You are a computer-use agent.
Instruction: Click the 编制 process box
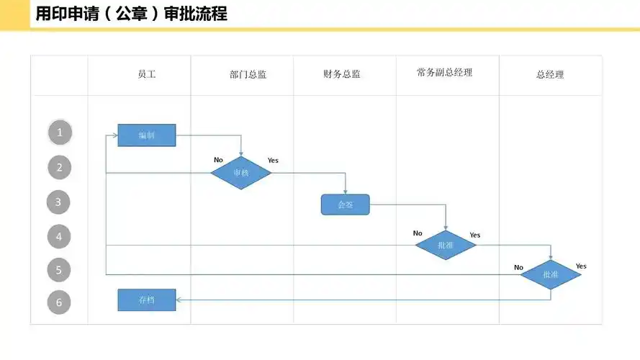[147, 135]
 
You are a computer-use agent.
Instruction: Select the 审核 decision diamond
[240, 173]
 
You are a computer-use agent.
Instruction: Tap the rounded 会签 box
[345, 204]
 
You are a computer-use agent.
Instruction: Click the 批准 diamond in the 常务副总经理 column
[446, 246]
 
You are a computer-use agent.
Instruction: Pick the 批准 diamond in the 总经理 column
[551, 274]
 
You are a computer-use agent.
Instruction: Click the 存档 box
[147, 300]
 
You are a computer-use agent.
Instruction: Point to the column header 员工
[147, 74]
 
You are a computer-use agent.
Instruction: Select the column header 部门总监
[248, 74]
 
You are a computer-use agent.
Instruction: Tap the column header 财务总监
[342, 74]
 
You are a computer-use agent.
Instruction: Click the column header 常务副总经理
[444, 73]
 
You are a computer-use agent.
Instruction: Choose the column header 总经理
[550, 74]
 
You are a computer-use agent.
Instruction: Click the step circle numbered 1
[60, 132]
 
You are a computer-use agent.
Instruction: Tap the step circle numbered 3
[59, 202]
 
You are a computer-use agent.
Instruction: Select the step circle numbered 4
[59, 236]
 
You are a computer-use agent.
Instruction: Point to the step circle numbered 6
[59, 302]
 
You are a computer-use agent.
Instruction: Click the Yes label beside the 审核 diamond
[273, 160]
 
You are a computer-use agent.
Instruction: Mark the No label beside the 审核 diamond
[218, 160]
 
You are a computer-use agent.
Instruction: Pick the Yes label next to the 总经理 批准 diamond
[581, 266]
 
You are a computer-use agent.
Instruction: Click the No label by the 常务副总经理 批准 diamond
[418, 233]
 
